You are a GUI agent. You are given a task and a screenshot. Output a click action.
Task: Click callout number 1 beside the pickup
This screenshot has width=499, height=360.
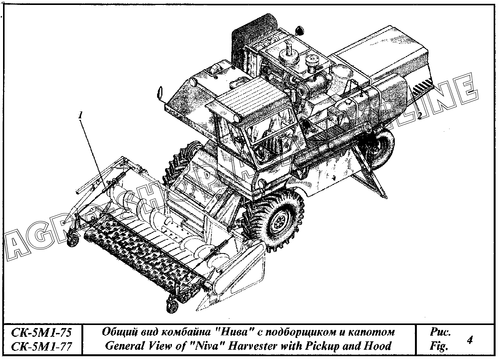click(80, 115)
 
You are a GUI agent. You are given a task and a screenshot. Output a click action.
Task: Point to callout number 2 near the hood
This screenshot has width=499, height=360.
click(419, 114)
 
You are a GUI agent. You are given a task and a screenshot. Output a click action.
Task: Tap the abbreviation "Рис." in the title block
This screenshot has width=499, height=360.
click(440, 332)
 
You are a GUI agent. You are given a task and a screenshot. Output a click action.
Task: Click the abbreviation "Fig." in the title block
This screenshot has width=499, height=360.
click(439, 346)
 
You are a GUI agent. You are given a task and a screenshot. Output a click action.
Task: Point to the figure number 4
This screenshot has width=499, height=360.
click(469, 339)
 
